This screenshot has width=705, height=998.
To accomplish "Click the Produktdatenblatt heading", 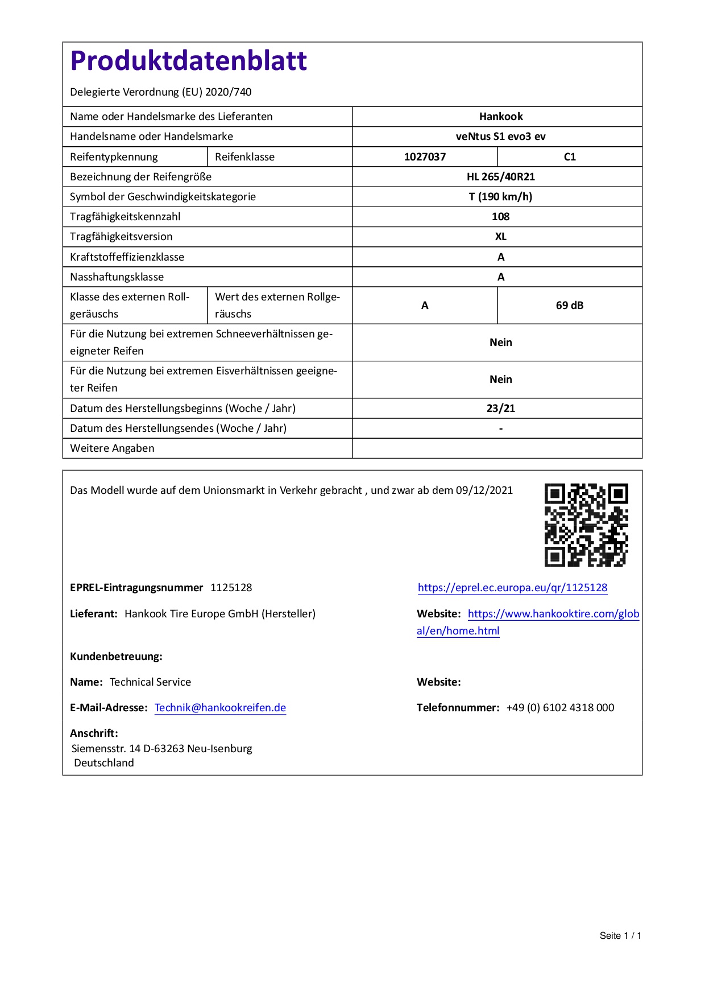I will (x=188, y=61).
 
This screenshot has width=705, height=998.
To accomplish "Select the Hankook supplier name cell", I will (x=500, y=117).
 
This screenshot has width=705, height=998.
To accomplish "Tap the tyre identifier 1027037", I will (x=425, y=157).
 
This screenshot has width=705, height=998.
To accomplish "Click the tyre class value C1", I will (x=570, y=157).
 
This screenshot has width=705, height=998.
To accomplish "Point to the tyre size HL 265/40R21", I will (x=500, y=177).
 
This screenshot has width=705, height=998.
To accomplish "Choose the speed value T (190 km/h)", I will (x=500, y=197).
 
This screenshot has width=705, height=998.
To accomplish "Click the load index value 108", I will (x=500, y=217).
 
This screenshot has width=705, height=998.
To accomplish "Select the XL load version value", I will (x=500, y=237).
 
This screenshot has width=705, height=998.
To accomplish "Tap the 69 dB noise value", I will (x=570, y=306).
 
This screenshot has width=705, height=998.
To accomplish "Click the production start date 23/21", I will (x=500, y=409).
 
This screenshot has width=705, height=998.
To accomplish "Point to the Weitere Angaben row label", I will (x=112, y=448).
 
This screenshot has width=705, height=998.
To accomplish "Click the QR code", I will (x=586, y=525).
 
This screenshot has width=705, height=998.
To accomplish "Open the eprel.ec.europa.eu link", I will (x=512, y=588).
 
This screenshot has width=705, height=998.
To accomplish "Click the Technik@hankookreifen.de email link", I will (x=220, y=708).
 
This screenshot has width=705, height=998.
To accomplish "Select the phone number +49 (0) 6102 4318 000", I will (x=560, y=708).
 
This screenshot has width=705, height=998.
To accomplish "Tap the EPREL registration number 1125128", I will (x=231, y=588).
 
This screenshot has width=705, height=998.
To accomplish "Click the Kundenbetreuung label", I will (x=116, y=657).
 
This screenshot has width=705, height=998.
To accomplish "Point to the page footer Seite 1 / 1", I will (x=620, y=936).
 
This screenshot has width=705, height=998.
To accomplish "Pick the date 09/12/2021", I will (x=484, y=490).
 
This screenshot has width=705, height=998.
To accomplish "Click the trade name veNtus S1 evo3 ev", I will (x=500, y=137).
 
